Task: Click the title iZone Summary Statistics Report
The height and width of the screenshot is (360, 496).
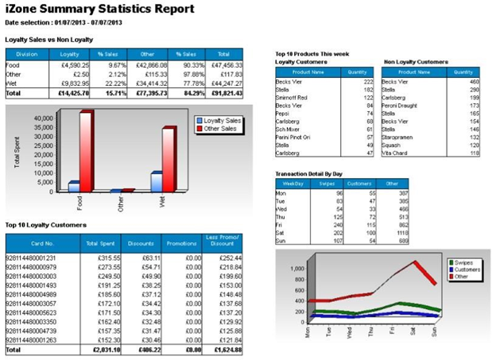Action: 99,10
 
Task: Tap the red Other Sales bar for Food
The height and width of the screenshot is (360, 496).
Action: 85,151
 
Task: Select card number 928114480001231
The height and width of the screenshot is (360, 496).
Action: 30,257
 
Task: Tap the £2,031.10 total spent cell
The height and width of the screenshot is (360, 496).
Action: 103,349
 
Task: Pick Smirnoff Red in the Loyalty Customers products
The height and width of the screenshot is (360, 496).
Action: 293,96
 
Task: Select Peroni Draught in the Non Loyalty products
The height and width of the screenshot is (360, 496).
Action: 401,104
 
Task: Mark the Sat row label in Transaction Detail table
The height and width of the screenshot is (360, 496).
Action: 280,231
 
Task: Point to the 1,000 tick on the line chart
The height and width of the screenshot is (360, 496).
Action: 295,269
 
